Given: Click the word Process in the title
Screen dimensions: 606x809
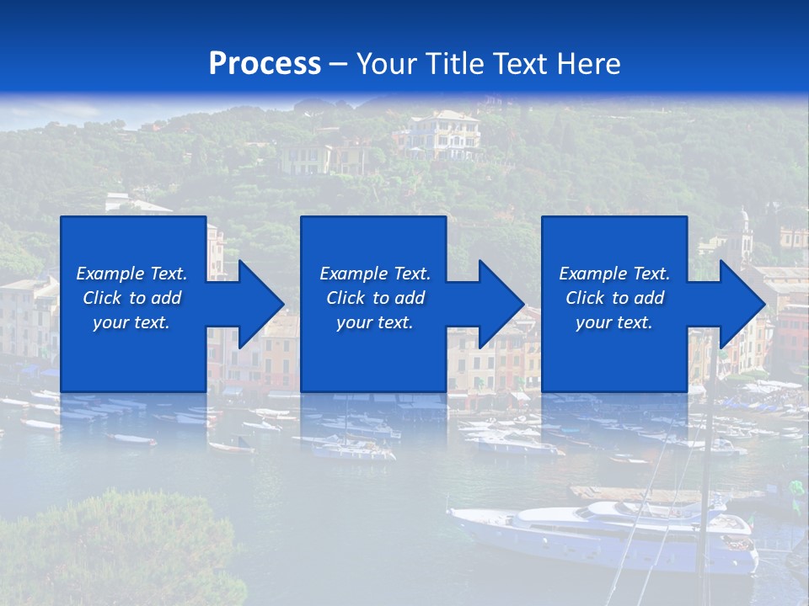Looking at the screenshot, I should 265,64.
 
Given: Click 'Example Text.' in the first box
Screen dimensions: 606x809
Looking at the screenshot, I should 131,274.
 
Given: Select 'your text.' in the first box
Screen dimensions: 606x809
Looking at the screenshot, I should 131,322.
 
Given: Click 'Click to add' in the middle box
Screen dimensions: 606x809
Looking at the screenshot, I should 375,298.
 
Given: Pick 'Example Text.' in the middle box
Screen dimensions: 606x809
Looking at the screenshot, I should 375,274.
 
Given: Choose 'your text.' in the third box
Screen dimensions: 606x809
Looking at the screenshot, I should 614,322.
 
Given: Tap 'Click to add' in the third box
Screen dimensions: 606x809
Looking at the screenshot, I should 614,298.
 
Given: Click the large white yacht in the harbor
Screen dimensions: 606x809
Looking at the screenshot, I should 607,530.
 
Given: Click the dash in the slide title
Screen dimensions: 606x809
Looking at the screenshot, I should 338,64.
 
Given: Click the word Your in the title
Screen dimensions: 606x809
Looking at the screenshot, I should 388,64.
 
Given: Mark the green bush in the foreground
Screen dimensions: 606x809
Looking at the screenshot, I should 118,547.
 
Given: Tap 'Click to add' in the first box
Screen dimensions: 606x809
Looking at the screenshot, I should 131,298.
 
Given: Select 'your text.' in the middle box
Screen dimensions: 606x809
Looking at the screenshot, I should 375,322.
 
